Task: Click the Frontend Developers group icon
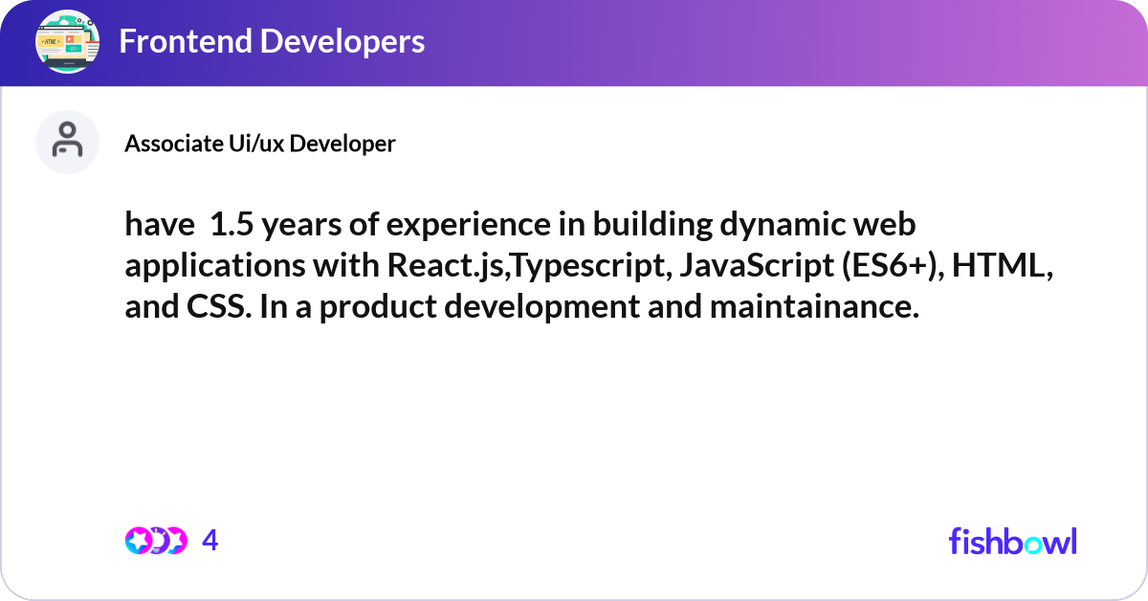pos(68,42)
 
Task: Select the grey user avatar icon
pos(67,142)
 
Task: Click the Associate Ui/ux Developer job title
pos(259,144)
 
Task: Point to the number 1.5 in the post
pos(232,226)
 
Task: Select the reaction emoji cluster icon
pos(155,541)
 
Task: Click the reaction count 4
pos(210,541)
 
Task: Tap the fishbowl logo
pos(1012,541)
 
